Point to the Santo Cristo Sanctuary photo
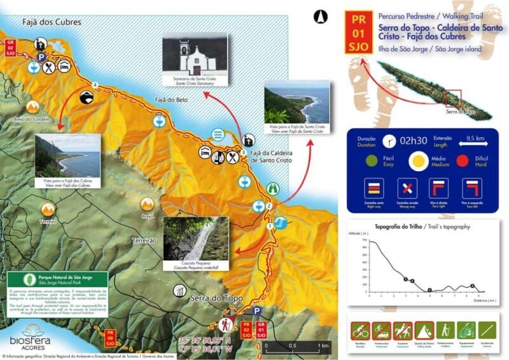tap(195, 61)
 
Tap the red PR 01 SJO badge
tap(359, 32)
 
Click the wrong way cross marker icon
tap(407, 188)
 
